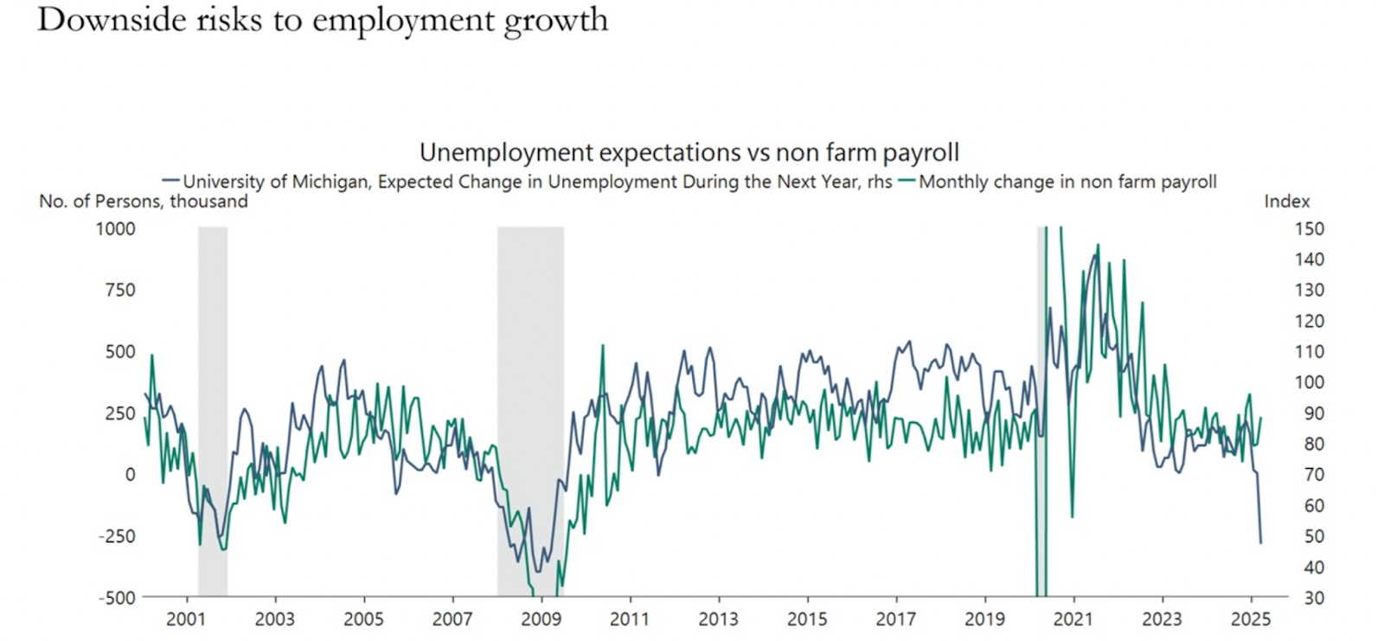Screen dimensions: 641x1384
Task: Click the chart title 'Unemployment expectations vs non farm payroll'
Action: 689,152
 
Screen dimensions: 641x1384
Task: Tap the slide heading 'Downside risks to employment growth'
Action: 323,20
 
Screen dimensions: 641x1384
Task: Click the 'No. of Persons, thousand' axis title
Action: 144,202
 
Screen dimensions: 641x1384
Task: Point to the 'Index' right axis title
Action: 1286,202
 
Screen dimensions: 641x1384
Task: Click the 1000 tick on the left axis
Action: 115,228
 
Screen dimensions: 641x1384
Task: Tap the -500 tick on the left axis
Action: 117,598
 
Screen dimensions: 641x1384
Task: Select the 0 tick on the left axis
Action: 130,474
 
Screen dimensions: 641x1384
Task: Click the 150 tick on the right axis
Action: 1309,228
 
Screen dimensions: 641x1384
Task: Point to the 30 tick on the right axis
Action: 1313,598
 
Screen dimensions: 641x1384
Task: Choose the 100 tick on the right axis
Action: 1309,382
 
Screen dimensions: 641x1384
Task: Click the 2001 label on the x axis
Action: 186,619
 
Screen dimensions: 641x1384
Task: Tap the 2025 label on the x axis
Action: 1250,619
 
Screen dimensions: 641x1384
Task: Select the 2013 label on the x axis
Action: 718,619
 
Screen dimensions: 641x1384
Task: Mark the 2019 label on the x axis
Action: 984,619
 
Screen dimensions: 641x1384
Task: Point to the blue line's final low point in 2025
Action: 1260,542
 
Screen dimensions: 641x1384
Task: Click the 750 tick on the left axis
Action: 119,290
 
